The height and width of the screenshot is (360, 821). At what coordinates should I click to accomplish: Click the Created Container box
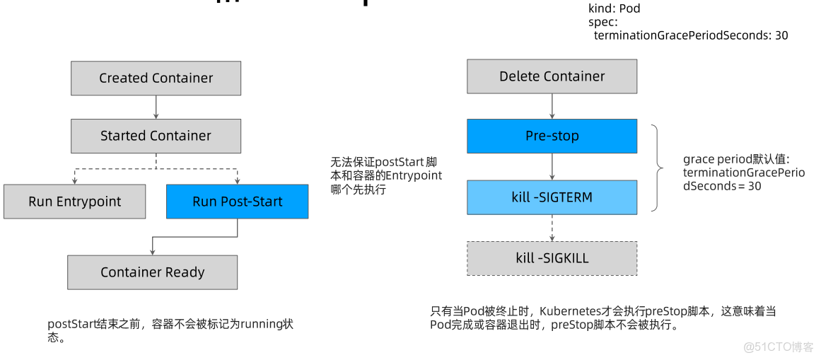(156, 78)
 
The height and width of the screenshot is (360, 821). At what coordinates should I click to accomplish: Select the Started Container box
(156, 136)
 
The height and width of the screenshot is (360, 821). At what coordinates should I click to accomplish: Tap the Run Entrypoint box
(74, 202)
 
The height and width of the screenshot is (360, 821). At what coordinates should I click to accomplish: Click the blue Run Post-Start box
(237, 202)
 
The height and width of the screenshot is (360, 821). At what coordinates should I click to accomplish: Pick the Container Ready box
(152, 272)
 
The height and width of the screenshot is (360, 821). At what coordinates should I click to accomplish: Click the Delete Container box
(552, 76)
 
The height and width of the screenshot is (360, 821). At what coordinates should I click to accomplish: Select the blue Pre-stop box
(552, 136)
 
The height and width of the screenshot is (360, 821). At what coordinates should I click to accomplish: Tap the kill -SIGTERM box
(552, 197)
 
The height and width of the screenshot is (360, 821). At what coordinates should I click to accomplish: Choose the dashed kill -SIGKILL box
(552, 258)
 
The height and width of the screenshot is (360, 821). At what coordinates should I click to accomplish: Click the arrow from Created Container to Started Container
(156, 107)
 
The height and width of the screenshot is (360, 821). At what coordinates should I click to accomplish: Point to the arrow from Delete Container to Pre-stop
(552, 106)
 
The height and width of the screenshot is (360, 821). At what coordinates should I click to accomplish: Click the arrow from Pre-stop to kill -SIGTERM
(552, 167)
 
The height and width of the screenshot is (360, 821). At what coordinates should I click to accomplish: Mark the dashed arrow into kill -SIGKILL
(552, 228)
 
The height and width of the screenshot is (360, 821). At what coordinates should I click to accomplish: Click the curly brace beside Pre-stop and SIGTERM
(657, 168)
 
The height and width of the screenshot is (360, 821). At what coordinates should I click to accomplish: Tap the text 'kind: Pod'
(614, 9)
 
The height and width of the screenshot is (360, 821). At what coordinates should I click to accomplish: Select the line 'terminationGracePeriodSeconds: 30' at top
(690, 35)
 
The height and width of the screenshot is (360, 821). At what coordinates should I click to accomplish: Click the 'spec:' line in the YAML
(602, 22)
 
